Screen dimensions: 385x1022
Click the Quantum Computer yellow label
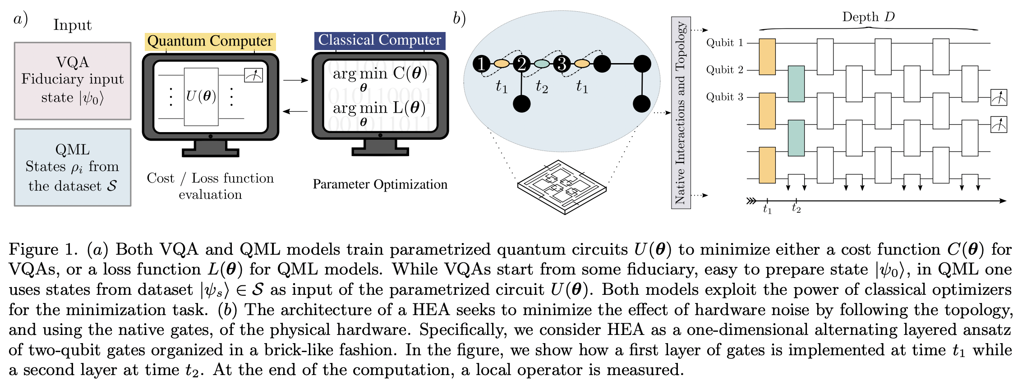[x=210, y=41]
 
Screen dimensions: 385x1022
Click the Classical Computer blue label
[x=379, y=40]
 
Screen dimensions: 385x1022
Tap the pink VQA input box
[x=73, y=81]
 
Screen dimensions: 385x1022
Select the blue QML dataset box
[x=73, y=167]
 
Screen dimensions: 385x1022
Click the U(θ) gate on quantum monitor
[x=201, y=96]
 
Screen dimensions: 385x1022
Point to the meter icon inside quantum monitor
[x=253, y=75]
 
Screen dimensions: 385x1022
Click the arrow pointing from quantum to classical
[x=295, y=80]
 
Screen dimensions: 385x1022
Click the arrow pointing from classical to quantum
[x=295, y=111]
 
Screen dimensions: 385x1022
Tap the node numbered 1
[x=482, y=64]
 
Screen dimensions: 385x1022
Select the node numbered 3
[x=562, y=64]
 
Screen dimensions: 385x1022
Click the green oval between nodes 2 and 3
[x=542, y=64]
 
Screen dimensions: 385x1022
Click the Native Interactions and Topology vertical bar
[x=681, y=113]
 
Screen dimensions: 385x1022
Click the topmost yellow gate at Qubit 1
[x=767, y=56]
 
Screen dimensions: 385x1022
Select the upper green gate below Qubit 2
[x=796, y=84]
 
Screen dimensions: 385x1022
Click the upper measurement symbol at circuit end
[x=999, y=97]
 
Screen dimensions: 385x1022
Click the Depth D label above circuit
[x=868, y=17]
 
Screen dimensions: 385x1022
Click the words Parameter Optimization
[x=380, y=184]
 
